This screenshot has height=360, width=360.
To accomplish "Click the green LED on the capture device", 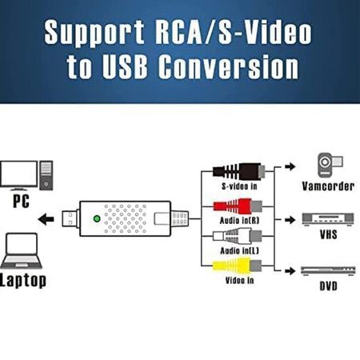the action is click(97, 218).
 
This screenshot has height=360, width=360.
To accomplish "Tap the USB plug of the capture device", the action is click(70, 219).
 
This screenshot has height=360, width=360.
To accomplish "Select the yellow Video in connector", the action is click(237, 266).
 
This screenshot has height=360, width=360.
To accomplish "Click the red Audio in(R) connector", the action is click(238, 206).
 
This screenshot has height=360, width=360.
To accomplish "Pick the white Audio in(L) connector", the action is click(238, 236).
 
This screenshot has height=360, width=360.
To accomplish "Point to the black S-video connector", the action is click(239, 171).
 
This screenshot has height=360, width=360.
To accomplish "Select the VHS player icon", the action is click(328, 219).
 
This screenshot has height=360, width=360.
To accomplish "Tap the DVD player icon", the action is click(328, 270).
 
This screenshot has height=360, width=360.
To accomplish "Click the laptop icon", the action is click(22, 250).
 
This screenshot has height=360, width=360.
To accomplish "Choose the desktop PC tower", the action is click(46, 175).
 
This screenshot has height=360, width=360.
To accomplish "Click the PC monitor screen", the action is click(19, 175).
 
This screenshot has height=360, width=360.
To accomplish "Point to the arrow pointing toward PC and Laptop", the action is click(46, 219).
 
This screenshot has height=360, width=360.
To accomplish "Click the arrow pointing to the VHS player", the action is click(290, 220).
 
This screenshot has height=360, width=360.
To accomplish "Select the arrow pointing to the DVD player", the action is click(290, 271).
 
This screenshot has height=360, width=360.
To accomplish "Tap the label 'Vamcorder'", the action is click(328, 186).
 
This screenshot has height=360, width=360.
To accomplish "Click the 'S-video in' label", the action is click(239, 186).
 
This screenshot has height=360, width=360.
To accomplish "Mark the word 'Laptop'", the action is click(23, 280).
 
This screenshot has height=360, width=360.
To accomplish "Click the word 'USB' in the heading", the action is click(125, 66).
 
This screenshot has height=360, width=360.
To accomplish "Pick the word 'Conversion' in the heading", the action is click(229, 66).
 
